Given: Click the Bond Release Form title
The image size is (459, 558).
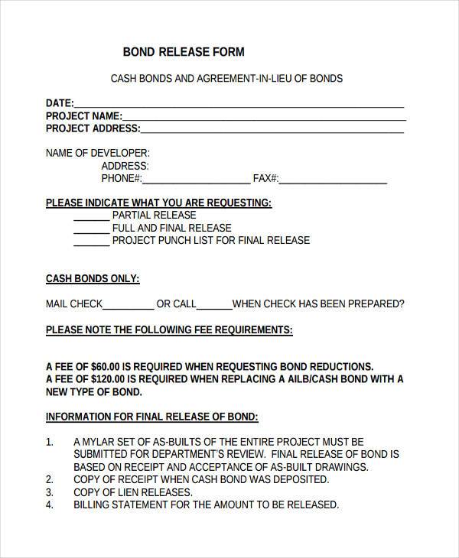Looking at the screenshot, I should (x=184, y=52).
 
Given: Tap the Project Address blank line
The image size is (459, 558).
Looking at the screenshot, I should (x=272, y=131).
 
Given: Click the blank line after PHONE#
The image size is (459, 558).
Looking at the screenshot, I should (x=196, y=182).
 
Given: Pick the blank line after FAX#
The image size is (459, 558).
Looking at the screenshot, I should (x=333, y=182).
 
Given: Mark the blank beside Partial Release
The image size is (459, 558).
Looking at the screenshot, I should (x=91, y=219).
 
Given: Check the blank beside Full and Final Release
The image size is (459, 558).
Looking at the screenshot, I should (x=91, y=231).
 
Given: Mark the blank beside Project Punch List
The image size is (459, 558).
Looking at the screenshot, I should (x=91, y=243).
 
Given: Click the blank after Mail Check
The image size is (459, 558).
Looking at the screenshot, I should (x=129, y=307).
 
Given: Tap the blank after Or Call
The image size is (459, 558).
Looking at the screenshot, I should (x=214, y=307).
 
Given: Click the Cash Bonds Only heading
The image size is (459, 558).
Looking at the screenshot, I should (x=93, y=279).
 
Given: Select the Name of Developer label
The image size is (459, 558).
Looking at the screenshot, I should (x=98, y=153).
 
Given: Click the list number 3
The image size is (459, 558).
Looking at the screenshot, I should (x=50, y=492).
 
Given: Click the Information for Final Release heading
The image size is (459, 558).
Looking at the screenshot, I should (x=152, y=417).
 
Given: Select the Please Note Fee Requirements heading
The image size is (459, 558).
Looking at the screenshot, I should (x=169, y=330).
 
